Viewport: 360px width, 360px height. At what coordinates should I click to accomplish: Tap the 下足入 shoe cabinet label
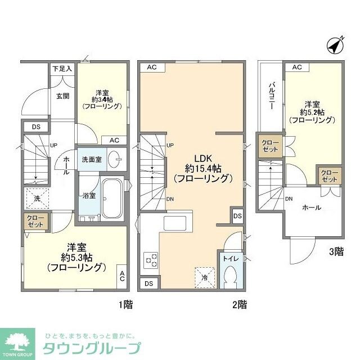tap(62, 69)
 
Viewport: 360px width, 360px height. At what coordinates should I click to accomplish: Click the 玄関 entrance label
tap(62, 96)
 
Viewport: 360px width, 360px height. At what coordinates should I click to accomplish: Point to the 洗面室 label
tap(91, 160)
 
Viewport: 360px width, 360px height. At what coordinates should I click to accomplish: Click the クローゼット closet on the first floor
tap(35, 220)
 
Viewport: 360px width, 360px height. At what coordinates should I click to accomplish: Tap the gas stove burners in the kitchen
tap(151, 260)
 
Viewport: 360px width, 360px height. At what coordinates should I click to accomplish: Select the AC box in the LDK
tap(151, 67)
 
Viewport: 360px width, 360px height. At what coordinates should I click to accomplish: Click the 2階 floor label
tap(238, 305)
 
